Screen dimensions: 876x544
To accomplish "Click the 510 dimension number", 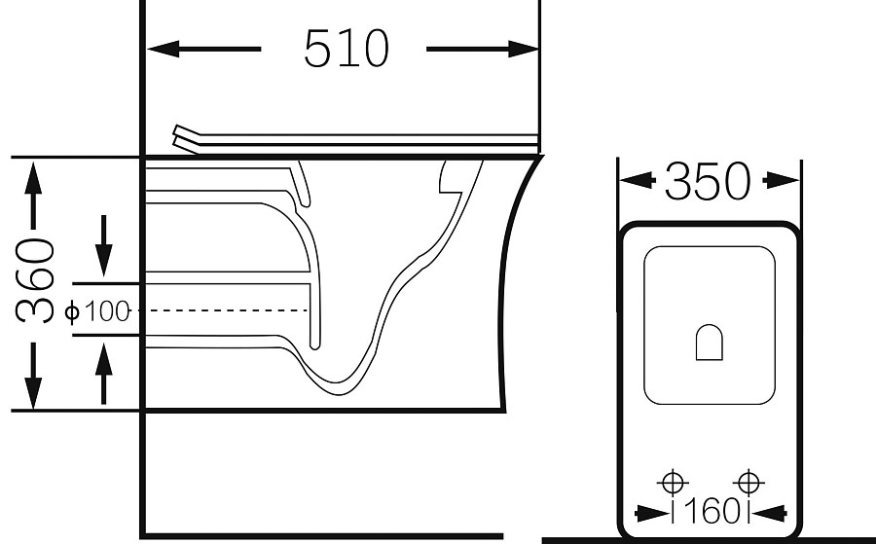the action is (x=346, y=49).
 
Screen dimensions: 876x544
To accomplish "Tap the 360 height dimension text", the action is (x=35, y=281).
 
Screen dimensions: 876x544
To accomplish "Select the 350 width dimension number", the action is (x=708, y=181).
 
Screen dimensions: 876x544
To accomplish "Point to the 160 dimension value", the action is (x=711, y=511).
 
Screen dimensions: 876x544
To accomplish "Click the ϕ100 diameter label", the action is (x=97, y=310).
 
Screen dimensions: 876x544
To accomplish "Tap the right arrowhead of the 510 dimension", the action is (x=524, y=50).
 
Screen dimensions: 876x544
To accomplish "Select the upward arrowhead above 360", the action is (x=33, y=178).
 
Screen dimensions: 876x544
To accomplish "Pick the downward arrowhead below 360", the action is (x=33, y=393).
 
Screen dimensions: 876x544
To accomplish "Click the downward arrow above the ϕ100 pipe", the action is (x=104, y=245).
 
